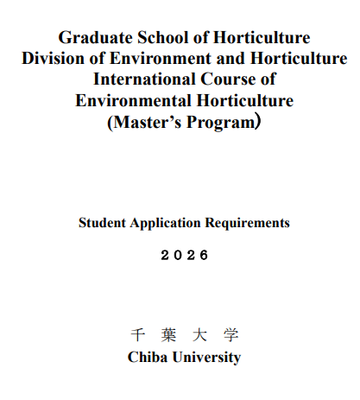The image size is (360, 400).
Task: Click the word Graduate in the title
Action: click(x=93, y=38)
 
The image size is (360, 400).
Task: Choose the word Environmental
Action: click(x=132, y=100)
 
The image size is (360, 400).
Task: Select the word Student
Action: click(x=102, y=223)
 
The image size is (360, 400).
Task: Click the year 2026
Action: click(x=185, y=256)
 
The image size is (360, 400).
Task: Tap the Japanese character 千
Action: click(x=136, y=335)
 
